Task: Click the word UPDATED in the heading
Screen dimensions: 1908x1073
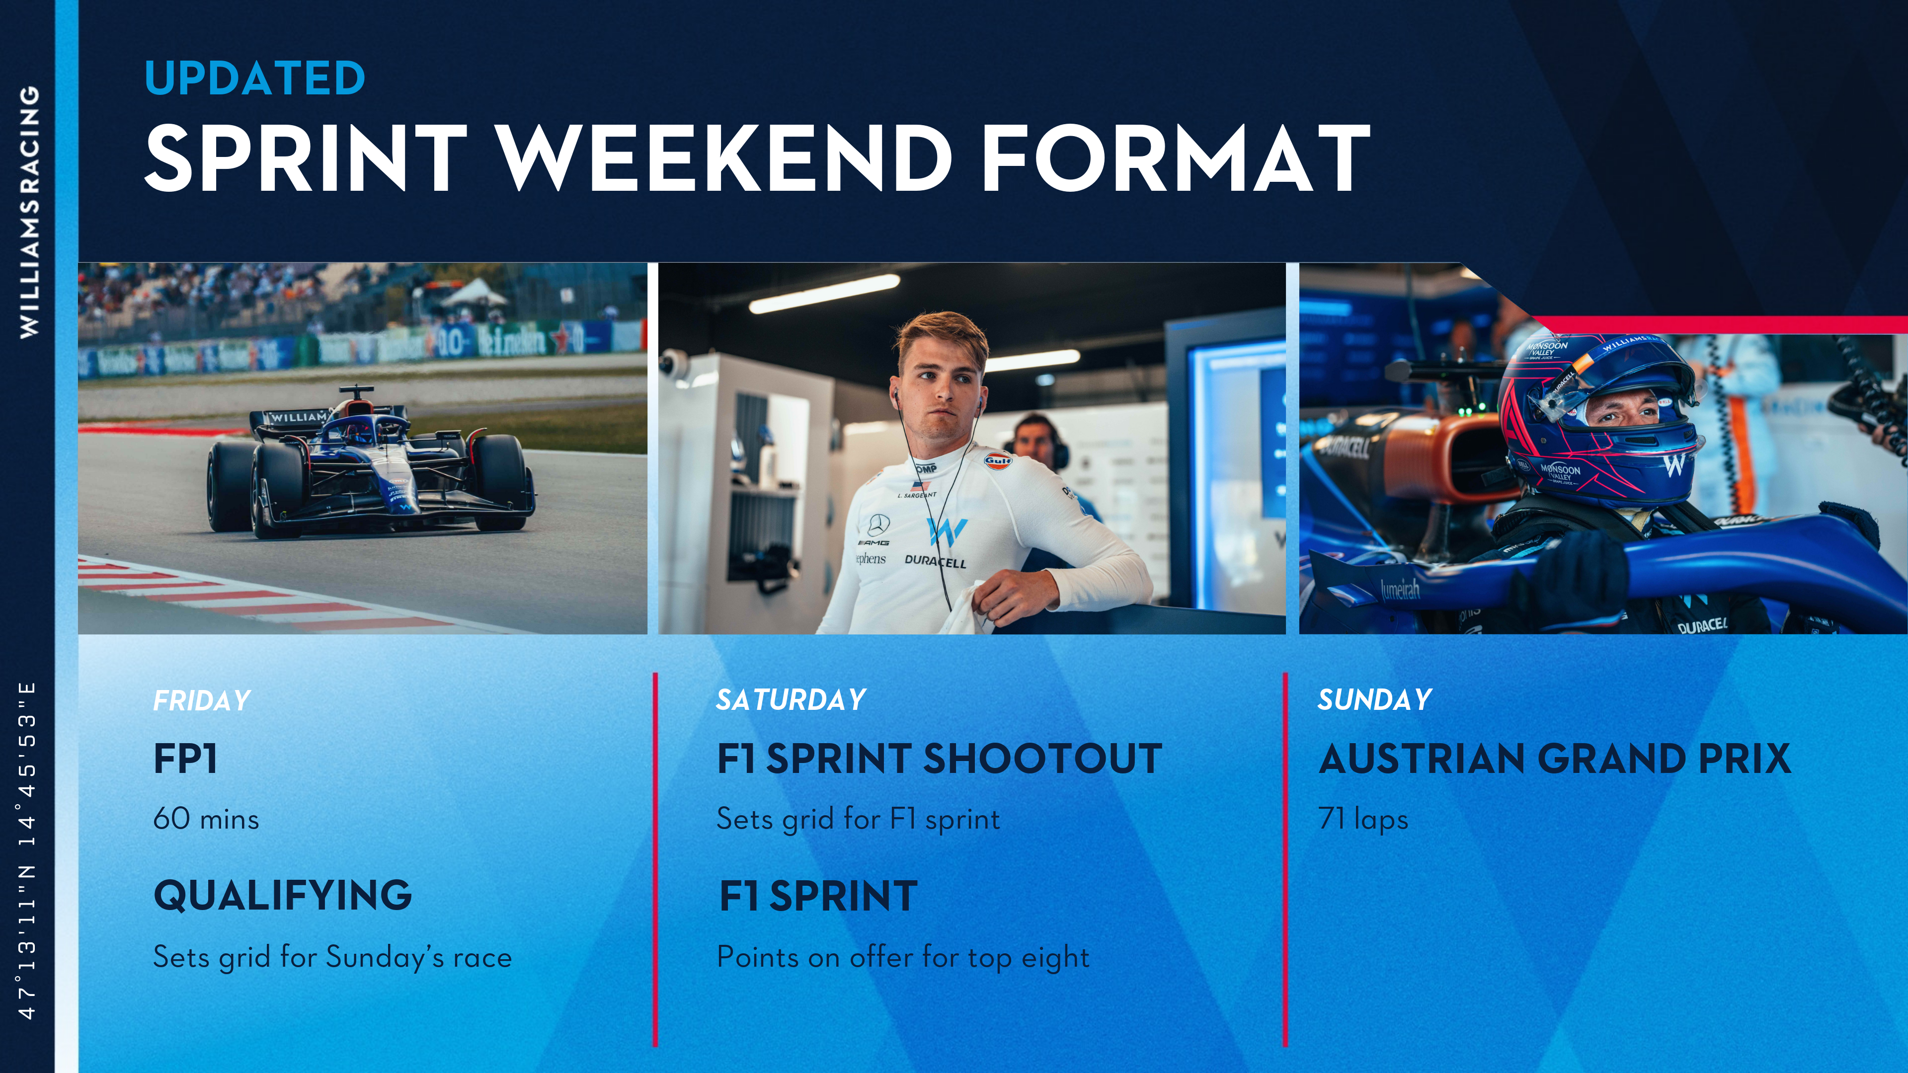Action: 255,78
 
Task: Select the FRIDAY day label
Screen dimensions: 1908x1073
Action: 201,700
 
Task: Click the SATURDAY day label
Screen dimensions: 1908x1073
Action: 791,700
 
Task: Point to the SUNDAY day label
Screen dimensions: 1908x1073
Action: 1375,700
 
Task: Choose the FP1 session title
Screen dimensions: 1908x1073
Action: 185,759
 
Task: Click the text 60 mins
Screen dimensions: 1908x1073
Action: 206,819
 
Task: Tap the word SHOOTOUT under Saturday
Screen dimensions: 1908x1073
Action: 1043,759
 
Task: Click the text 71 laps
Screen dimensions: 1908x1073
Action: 1363,820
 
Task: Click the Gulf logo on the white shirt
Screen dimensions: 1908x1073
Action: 998,460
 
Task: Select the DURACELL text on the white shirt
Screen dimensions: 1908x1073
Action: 936,561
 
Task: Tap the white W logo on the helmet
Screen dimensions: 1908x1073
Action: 1674,464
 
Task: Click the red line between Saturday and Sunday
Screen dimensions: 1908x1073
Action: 1285,859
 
